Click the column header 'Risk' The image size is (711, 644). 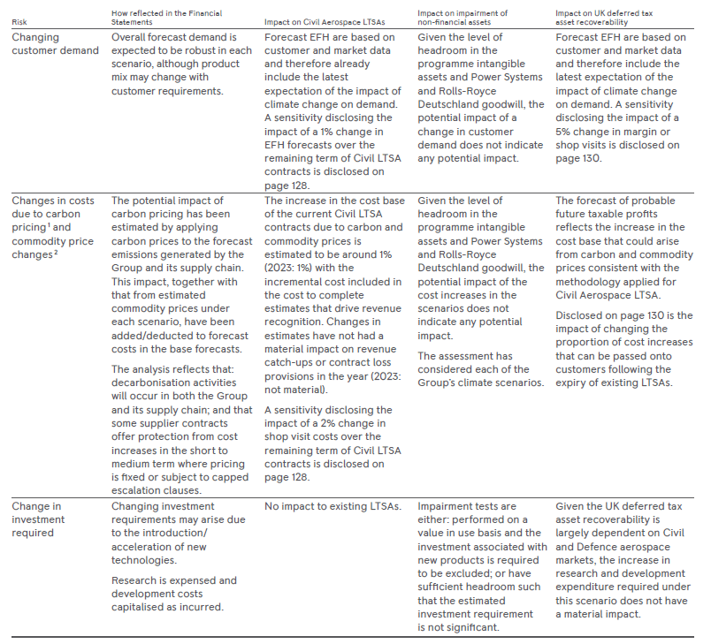[x=19, y=22]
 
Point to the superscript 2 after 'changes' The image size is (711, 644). [x=54, y=251]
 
